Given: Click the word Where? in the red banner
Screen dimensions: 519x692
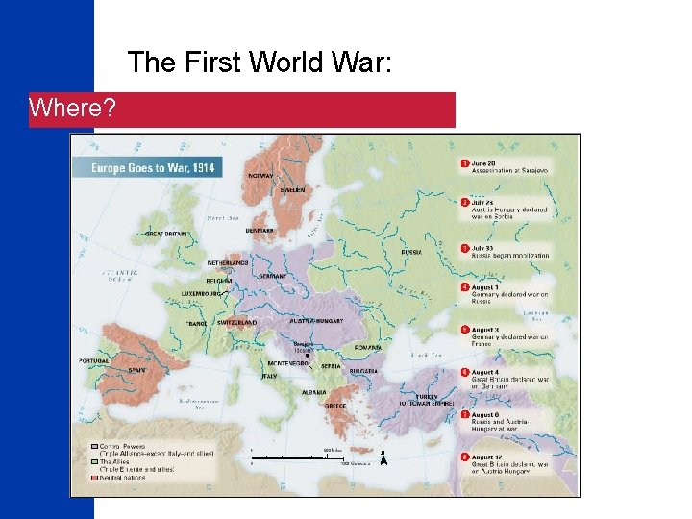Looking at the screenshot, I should pos(72,109).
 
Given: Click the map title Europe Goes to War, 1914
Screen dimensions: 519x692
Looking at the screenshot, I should pos(152,168).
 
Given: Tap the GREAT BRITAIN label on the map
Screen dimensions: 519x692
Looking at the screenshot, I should pos(167,234).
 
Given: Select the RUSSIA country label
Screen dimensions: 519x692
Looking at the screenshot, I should pos(411,252).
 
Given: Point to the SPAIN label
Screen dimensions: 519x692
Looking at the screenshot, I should pos(136,369).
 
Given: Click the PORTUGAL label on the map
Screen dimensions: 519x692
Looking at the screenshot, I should pos(95,361).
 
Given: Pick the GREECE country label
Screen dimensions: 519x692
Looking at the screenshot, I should pos(335,405).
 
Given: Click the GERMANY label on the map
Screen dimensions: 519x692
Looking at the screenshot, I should pos(272,276).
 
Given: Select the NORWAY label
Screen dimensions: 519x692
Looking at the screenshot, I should pos(260,176).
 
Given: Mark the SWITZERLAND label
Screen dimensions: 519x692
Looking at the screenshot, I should pos(235,323).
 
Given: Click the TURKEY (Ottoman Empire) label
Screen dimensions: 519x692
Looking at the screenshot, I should pos(439,399).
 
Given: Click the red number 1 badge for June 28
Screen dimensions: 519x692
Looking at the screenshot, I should pos(465,163).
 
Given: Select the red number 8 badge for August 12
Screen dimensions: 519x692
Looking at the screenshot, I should pos(465,457).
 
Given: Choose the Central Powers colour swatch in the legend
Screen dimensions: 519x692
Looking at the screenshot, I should pos(95,447).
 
